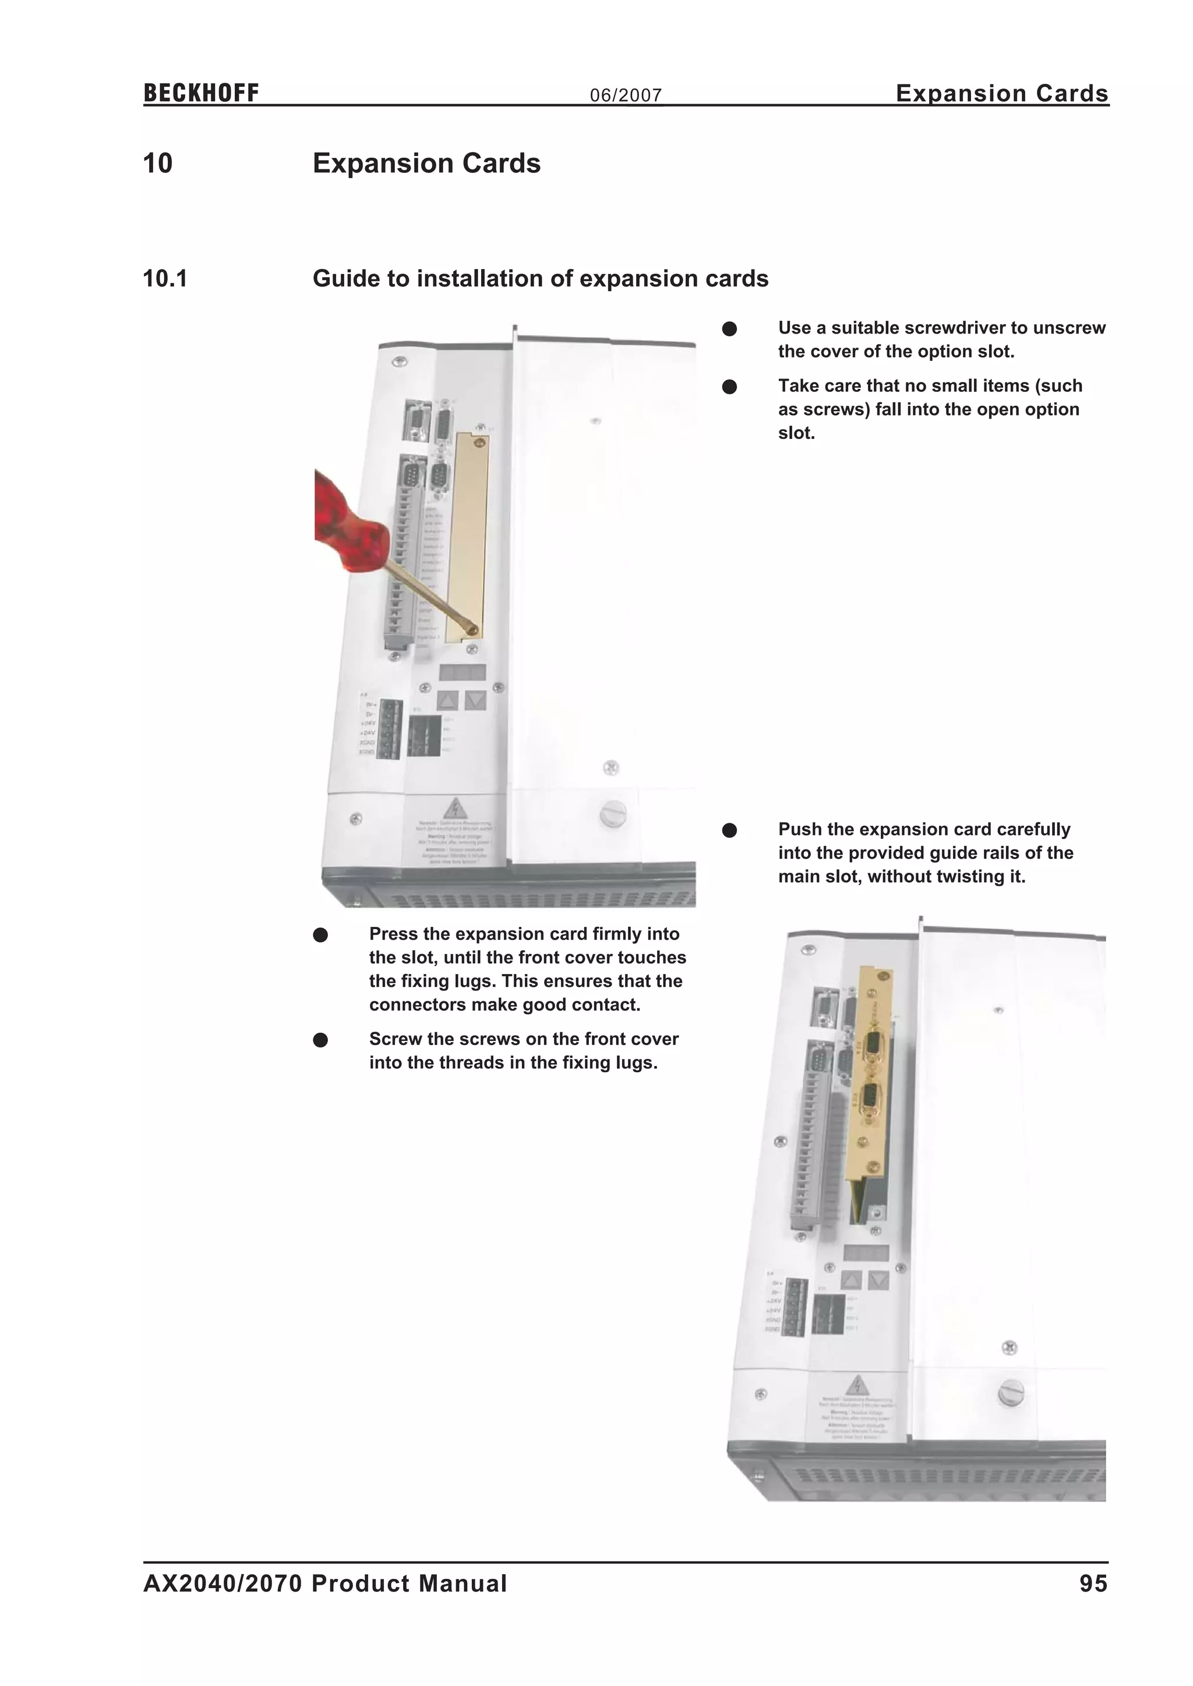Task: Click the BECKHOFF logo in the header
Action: pos(200,93)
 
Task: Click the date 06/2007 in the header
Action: pos(625,95)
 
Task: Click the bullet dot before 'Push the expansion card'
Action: pos(729,831)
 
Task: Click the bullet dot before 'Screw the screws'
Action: pos(320,1040)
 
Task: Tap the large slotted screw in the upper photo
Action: pos(613,814)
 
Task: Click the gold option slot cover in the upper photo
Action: pos(468,536)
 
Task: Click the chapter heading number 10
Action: pos(157,164)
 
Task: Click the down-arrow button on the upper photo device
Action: pos(475,700)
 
